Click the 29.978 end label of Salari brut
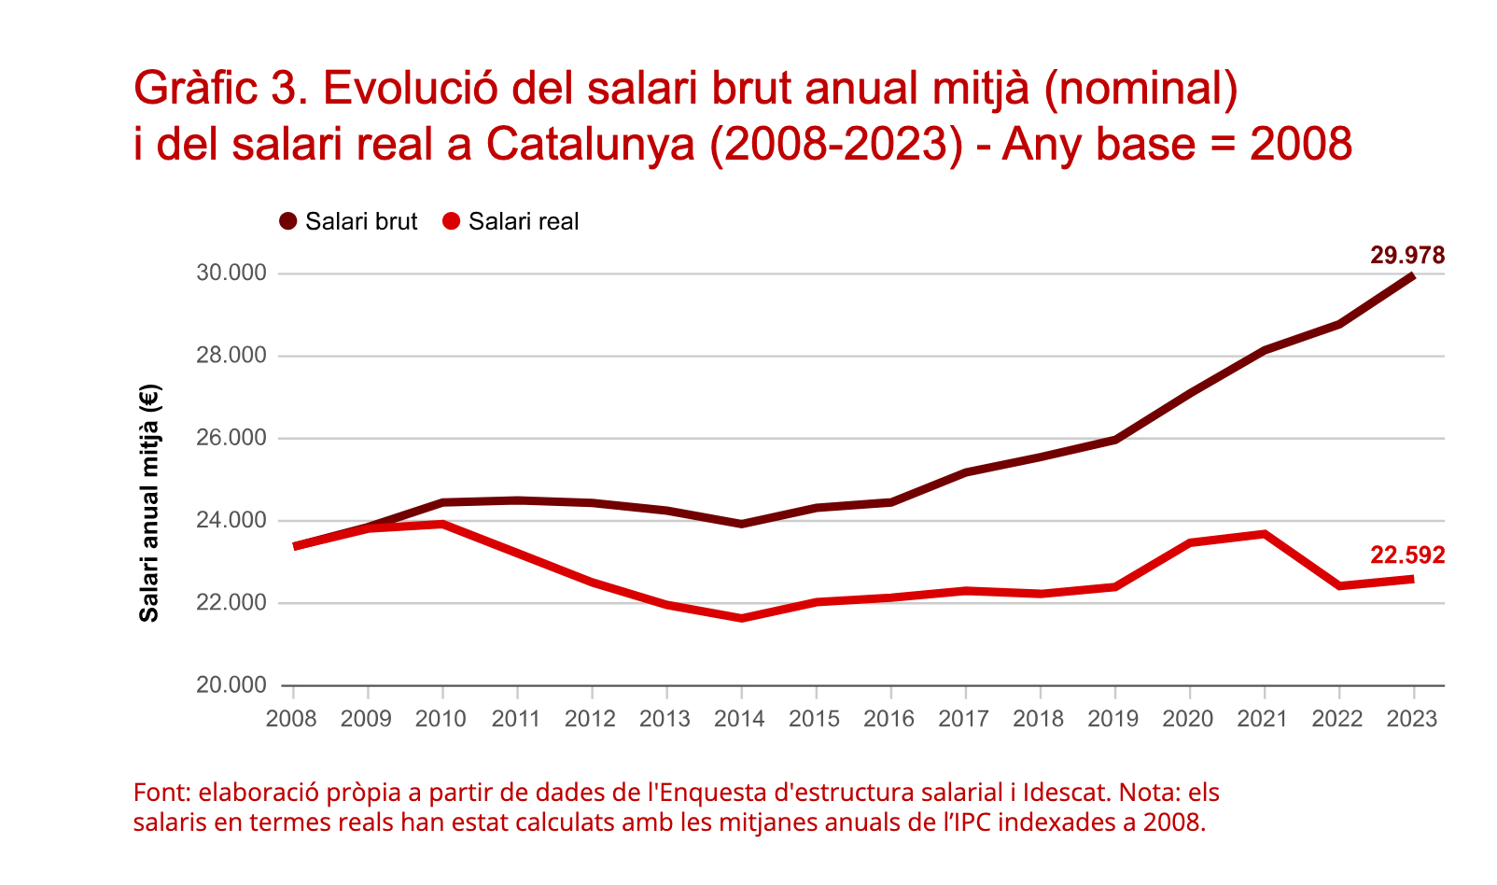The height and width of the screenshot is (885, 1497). point(1407,256)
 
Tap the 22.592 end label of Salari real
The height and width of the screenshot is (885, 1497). point(1407,555)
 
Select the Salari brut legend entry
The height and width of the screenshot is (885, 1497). point(349,222)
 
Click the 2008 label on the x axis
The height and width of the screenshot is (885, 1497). point(292,719)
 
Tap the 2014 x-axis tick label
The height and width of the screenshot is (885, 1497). point(740,719)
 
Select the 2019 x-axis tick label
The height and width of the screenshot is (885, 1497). point(1113,719)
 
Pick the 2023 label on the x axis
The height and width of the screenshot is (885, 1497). point(1412,719)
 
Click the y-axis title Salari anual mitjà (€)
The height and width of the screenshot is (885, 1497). point(149,502)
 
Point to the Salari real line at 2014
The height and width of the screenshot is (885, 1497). point(741,618)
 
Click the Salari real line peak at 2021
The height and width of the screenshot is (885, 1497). point(1264,534)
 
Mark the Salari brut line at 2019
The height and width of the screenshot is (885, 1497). point(1114,440)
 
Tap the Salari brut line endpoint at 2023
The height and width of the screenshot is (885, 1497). point(1412,276)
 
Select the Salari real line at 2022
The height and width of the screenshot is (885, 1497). point(1338,586)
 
